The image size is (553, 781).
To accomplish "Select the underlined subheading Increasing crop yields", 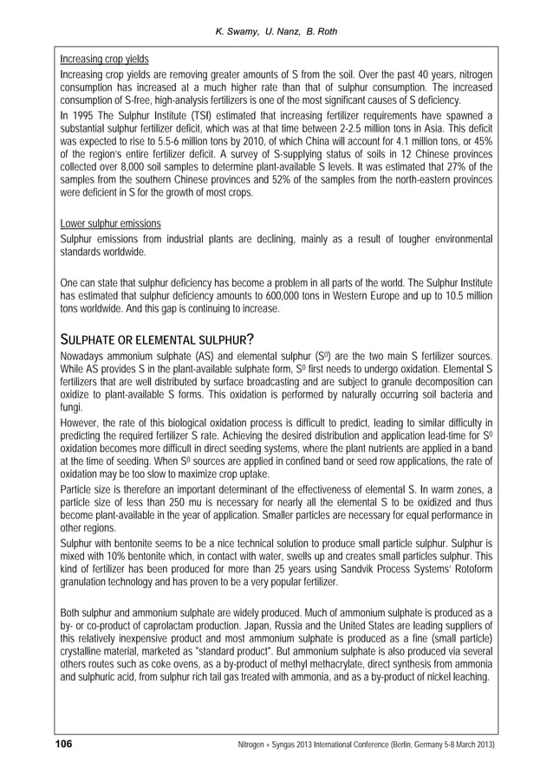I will point(103,60).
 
